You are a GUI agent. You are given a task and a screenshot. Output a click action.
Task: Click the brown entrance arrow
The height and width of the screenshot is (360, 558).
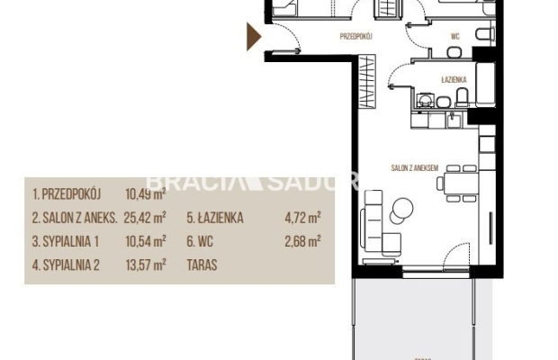(255, 37)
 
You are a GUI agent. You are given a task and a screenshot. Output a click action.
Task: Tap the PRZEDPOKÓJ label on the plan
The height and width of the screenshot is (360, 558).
(357, 38)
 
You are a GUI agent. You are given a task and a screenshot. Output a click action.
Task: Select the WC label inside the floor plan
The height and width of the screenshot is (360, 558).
(455, 38)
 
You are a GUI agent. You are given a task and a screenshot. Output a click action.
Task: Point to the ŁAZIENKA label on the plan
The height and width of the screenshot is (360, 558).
(454, 79)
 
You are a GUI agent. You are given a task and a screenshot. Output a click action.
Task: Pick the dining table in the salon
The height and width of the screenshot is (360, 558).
(454, 184)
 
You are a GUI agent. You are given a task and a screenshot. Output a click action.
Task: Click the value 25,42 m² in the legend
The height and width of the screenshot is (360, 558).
(146, 218)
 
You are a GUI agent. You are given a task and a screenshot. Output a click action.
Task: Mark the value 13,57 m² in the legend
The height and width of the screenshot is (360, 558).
(146, 265)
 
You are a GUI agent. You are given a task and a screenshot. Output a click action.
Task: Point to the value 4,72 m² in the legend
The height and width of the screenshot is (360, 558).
(303, 218)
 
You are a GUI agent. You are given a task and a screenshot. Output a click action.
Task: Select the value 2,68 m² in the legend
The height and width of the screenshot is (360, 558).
(303, 241)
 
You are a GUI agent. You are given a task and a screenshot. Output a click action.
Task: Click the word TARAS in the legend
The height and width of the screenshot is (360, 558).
(203, 265)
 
